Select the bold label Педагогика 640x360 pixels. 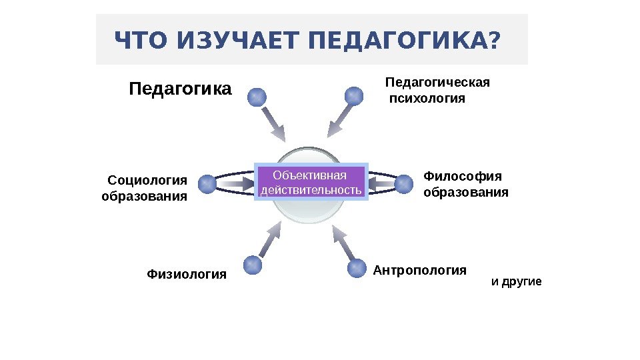[x=180, y=89]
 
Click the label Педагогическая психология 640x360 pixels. [x=437, y=91]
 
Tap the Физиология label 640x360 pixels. [x=187, y=274]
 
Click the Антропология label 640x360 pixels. [x=419, y=270]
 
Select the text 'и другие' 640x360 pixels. [x=516, y=282]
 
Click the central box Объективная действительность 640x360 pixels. [x=311, y=183]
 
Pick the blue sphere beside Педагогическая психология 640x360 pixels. [x=354, y=97]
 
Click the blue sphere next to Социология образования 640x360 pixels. [x=207, y=183]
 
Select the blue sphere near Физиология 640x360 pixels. [x=253, y=265]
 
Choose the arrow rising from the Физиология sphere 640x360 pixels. [x=271, y=239]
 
